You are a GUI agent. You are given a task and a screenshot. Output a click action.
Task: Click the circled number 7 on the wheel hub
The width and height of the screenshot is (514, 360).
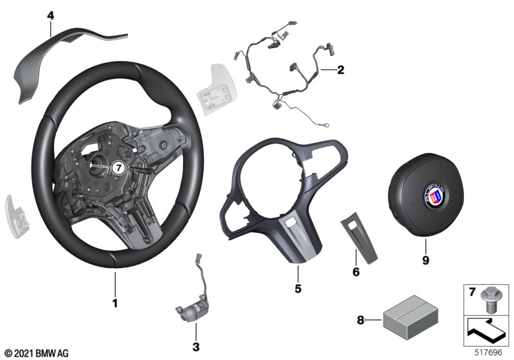[118, 168]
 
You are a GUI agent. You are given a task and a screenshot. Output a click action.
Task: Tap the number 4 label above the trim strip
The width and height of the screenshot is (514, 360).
[51, 15]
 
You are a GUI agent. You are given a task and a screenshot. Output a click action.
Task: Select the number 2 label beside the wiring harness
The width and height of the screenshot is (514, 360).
[341, 69]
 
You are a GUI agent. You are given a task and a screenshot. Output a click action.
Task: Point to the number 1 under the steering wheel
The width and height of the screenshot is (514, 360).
[115, 303]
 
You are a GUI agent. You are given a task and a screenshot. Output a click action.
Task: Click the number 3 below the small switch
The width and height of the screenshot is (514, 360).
[196, 346]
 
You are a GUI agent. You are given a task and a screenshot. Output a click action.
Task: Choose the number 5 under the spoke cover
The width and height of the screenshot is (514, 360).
[297, 289]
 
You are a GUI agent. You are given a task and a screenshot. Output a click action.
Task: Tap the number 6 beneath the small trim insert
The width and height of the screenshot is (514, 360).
[356, 272]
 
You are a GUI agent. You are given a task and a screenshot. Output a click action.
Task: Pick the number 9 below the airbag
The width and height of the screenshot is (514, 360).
[425, 260]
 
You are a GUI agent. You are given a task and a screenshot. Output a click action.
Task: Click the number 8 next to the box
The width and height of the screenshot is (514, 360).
[360, 319]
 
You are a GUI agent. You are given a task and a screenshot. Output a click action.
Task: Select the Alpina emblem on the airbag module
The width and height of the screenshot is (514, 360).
[435, 195]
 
